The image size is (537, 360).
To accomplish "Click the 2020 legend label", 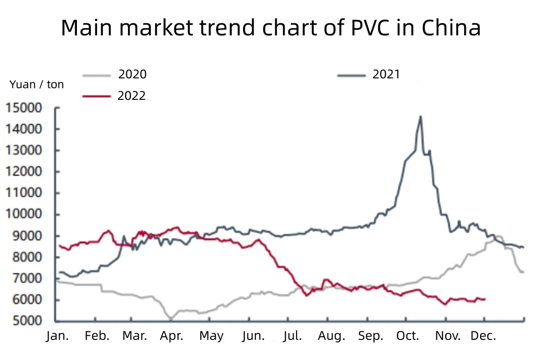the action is [132, 74].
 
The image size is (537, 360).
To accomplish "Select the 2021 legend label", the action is [386, 74].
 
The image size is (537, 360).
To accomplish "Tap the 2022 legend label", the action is [132, 96].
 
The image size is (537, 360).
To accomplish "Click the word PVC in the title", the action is [370, 28].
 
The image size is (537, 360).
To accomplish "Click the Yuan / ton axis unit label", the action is [37, 85].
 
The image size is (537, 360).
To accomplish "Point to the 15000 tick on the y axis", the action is [24, 108].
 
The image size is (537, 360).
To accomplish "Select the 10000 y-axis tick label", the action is [24, 214].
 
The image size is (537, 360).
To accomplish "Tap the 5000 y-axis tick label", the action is [27, 321].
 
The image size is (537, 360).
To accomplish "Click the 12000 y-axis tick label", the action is [24, 171].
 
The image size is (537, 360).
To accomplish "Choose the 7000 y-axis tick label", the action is [27, 278].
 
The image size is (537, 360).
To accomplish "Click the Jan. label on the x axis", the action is [57, 336].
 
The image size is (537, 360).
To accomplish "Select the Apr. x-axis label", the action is [172, 336].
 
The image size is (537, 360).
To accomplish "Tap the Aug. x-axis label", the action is [332, 336].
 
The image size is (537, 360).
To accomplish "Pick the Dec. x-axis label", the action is [483, 336].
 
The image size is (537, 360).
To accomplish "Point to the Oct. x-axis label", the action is [408, 336].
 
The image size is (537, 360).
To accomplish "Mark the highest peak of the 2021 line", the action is [421, 116].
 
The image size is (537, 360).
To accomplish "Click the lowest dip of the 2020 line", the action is [171, 319].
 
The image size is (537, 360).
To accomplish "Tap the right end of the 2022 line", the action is [485, 299].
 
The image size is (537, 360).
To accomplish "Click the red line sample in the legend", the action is [97, 96].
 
